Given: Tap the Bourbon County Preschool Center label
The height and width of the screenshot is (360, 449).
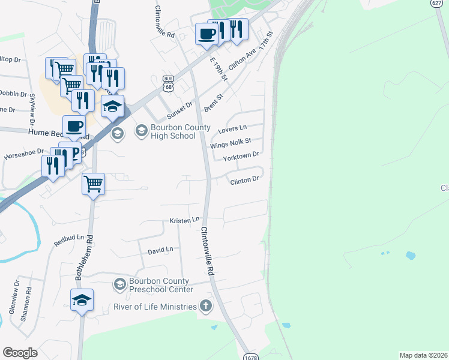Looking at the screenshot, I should pyautogui.click(x=159, y=285).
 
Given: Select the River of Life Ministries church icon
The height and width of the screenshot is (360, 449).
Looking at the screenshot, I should pyautogui.click(x=206, y=307).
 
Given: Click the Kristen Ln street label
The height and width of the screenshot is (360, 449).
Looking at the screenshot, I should pyautogui.click(x=184, y=221).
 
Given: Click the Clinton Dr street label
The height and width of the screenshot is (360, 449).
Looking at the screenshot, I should pyautogui.click(x=244, y=179).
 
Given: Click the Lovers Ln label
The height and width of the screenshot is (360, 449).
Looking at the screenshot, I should pyautogui.click(x=233, y=129).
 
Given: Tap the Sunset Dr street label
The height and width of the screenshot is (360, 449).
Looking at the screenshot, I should pyautogui.click(x=179, y=108).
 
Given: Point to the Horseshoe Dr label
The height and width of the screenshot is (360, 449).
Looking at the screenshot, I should pyautogui.click(x=24, y=154).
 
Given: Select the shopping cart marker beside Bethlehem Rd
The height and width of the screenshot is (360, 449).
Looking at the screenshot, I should pyautogui.click(x=93, y=183).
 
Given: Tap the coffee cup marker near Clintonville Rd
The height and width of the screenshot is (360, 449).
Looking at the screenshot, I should pyautogui.click(x=206, y=34).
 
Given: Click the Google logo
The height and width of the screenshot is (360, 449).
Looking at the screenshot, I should pyautogui.click(x=20, y=353).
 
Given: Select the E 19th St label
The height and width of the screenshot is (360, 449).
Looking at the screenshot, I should pyautogui.click(x=218, y=70).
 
